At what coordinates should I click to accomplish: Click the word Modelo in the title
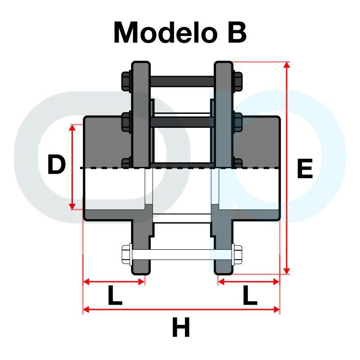(166, 32)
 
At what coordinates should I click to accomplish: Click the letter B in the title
(237, 32)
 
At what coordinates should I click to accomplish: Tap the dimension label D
(56, 164)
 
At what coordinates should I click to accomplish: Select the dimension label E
(305, 168)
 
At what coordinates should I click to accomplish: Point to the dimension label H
(181, 327)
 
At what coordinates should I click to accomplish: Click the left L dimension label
(115, 295)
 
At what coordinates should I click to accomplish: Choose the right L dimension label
(250, 295)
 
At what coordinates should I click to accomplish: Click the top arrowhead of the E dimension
(287, 65)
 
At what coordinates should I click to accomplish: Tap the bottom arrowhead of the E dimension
(287, 271)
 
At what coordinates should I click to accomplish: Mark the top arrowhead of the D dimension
(72, 127)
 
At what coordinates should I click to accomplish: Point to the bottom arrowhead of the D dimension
(72, 207)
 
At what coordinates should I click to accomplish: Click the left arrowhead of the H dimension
(86, 310)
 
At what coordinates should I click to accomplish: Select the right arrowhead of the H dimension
(276, 310)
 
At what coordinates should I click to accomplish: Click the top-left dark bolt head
(126, 81)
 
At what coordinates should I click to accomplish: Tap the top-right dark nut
(238, 81)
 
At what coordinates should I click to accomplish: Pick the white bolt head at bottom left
(126, 255)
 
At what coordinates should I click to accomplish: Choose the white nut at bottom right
(237, 255)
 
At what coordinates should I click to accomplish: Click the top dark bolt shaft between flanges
(182, 81)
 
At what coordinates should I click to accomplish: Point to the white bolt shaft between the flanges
(182, 255)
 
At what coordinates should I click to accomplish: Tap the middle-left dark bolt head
(126, 122)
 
